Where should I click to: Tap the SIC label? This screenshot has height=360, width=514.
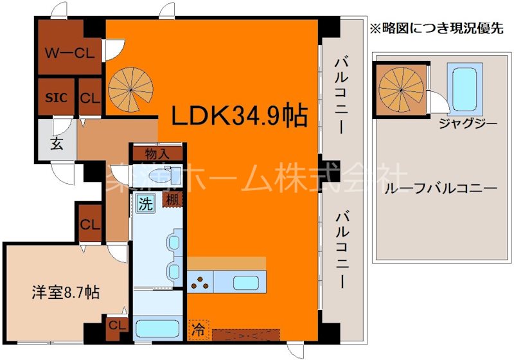coord(55,98)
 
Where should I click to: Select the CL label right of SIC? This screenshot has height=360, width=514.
coord(90,98)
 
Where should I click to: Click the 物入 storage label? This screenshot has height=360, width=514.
coord(158,154)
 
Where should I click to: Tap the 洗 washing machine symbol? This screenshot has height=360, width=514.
coord(145,204)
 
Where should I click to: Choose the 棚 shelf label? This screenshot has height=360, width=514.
coord(172,199)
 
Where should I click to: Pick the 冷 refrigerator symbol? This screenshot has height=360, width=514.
coord(197,332)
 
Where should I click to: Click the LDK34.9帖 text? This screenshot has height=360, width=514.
coord(238,116)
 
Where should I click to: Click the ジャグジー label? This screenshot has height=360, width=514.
coord(466,122)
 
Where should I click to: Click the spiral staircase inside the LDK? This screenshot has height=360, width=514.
coord(127,89)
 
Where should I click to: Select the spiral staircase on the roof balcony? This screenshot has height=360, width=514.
coord(400,89)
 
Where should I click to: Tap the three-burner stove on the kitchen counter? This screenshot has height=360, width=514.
coord(200,281)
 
